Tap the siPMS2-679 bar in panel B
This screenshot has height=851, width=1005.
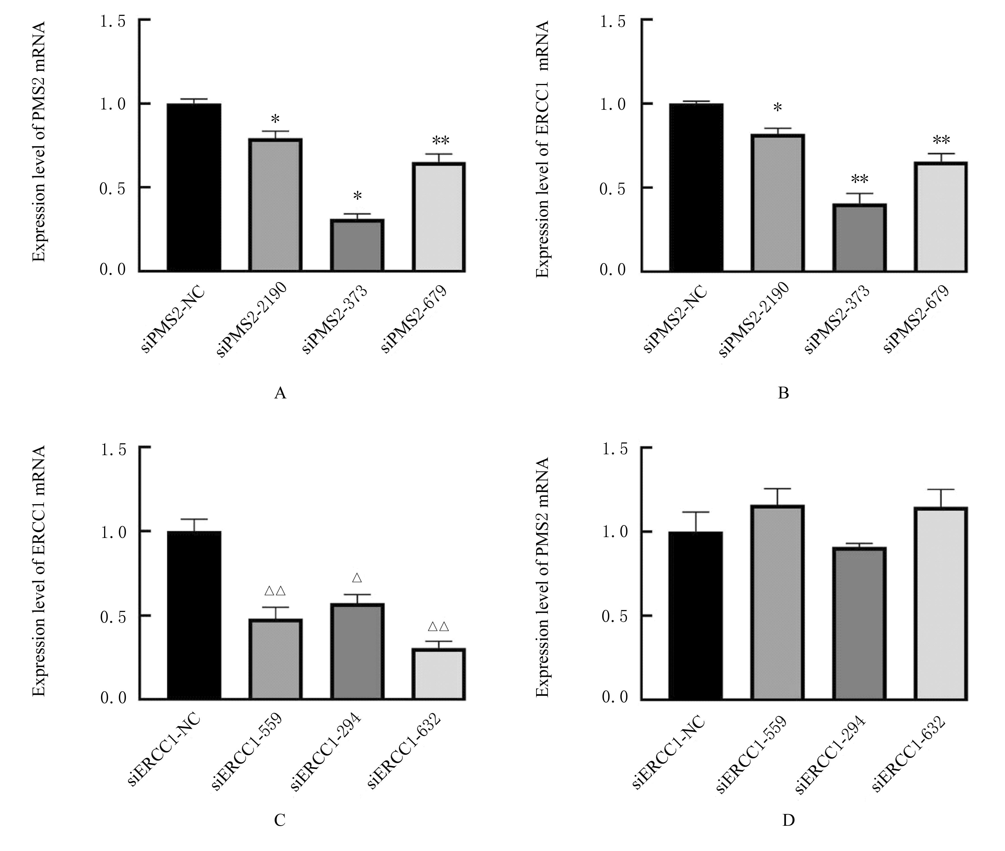[x=941, y=217]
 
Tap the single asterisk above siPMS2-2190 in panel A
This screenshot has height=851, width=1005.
[x=275, y=119]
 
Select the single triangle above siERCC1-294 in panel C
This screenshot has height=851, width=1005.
[x=357, y=578]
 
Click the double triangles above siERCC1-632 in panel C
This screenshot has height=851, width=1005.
[x=439, y=627]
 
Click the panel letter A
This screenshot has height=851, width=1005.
[x=280, y=394]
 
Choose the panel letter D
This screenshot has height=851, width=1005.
[x=788, y=820]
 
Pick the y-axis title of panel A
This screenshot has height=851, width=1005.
[x=39, y=141]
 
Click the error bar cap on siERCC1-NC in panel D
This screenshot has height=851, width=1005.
[x=695, y=512]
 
